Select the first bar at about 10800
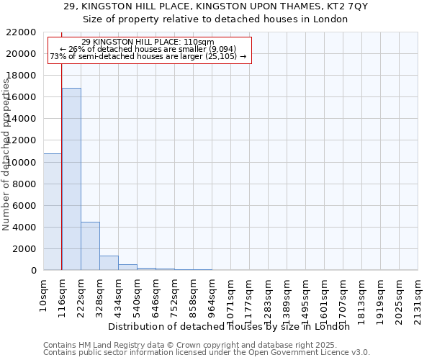coord(53,212)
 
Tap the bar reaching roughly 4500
coord(90,246)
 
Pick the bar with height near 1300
coord(109,263)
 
